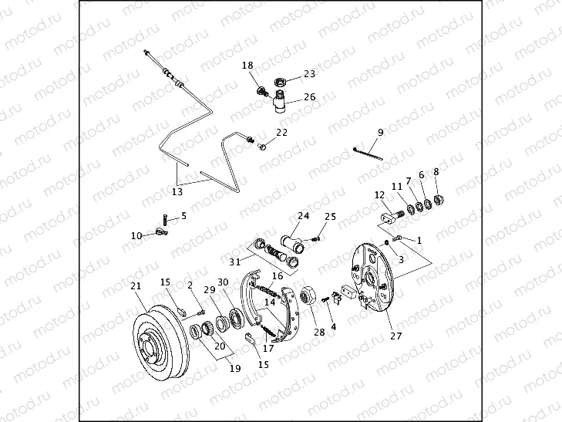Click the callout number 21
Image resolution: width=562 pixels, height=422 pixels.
(x=136, y=286)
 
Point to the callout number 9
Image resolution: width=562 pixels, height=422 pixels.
(x=381, y=132)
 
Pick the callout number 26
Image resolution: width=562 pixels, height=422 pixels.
(x=309, y=97)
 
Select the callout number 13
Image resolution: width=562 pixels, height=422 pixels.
(x=177, y=192)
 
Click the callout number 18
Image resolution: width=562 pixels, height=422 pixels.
(x=248, y=66)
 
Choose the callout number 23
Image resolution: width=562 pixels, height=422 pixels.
(x=309, y=74)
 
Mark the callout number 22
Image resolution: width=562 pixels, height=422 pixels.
(x=281, y=132)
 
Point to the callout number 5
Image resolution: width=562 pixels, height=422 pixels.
(x=183, y=216)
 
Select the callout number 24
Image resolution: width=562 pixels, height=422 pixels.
(x=303, y=216)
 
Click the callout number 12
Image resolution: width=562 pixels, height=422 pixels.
(x=379, y=195)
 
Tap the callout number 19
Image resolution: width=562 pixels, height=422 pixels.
(x=234, y=369)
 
